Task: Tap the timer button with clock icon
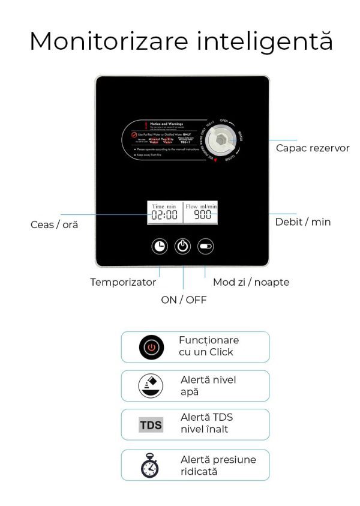tap(160, 246)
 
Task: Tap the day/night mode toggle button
tap(205, 246)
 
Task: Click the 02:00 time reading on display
tap(164, 215)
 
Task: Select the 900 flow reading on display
tap(201, 215)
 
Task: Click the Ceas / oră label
tap(54, 224)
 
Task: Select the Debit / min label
tap(303, 222)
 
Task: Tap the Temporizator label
tap(123, 282)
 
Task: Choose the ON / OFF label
tap(184, 300)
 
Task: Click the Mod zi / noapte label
tap(251, 282)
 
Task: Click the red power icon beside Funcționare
tap(151, 348)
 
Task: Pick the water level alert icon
tap(151, 386)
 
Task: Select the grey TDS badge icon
tap(151, 426)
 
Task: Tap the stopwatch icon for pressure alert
tap(151, 465)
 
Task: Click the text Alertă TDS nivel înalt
tap(207, 423)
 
